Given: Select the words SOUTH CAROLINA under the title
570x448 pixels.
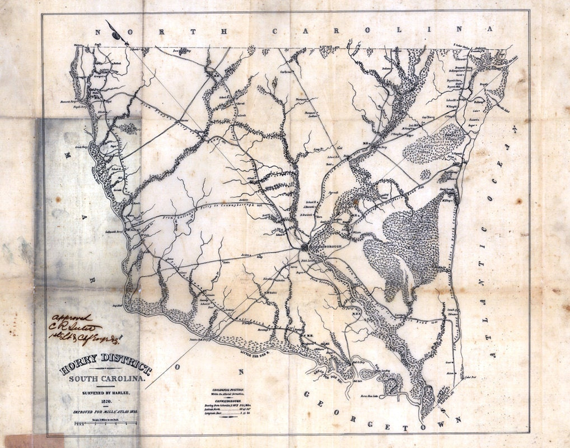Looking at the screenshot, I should click(x=106, y=380).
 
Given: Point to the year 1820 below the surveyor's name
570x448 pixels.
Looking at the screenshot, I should click(x=106, y=402).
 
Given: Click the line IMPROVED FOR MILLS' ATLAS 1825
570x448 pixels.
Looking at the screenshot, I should click(x=106, y=412).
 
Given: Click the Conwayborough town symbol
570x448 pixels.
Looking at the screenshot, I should click(x=305, y=247).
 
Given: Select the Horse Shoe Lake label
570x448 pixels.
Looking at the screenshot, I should click(x=393, y=395).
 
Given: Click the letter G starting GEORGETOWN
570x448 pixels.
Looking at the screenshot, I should click(x=307, y=394).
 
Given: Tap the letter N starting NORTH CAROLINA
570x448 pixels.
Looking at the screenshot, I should click(x=100, y=32).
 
